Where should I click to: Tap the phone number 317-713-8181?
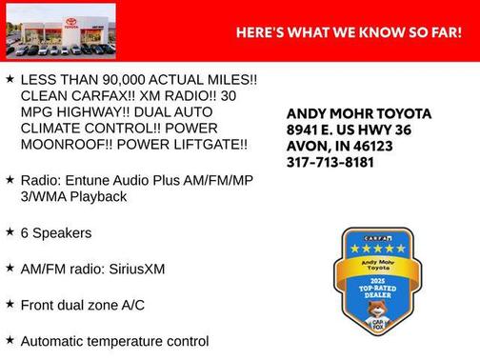(330, 162)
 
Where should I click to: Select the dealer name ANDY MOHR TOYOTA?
(358, 113)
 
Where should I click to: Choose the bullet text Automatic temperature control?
(113, 341)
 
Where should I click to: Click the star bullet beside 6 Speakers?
(9, 231)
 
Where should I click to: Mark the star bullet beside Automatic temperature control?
(9, 339)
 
